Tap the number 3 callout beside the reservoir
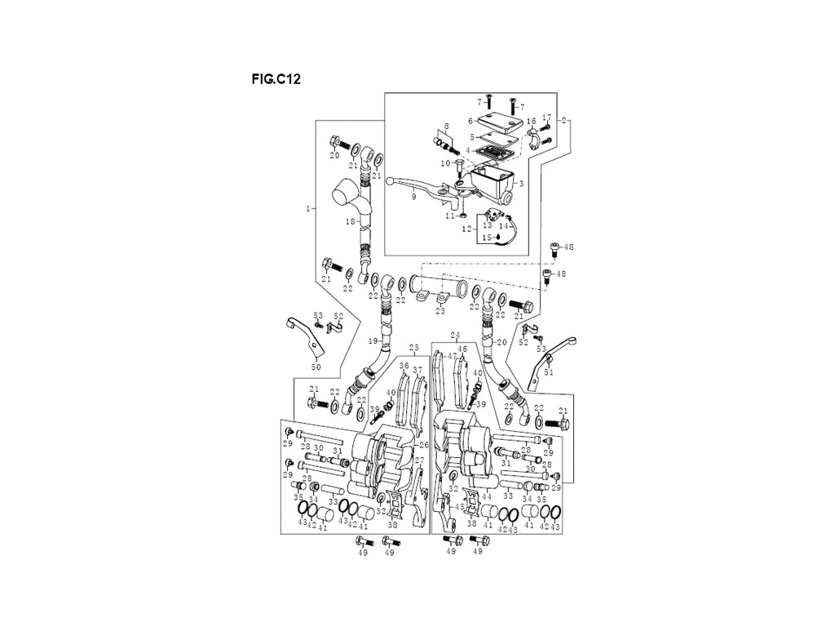tap(521, 184)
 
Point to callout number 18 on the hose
tap(349, 222)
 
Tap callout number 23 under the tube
tap(440, 311)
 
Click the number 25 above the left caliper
tap(413, 348)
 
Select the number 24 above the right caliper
tap(455, 336)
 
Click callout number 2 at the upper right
tap(564, 121)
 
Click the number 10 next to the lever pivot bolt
tap(445, 163)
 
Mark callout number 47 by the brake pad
tap(452, 358)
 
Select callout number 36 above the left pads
tap(404, 366)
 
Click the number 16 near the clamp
tap(531, 121)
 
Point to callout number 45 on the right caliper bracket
tap(460, 507)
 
